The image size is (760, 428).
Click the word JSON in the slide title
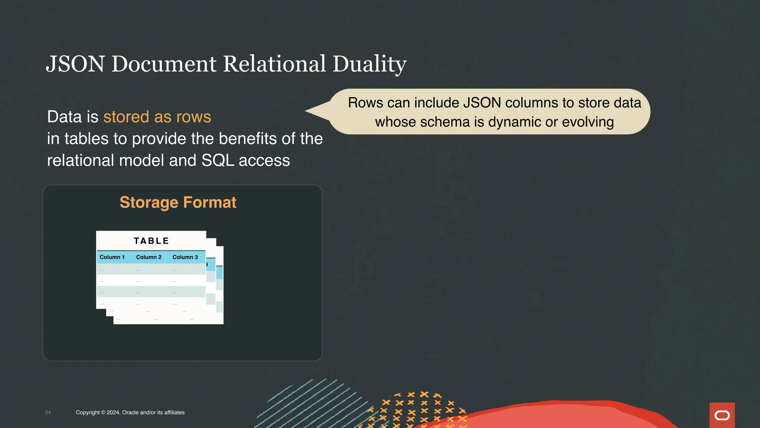coord(75,64)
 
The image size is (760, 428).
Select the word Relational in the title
coord(274,64)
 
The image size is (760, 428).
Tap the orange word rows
coord(193,117)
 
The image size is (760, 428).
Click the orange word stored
coord(126,117)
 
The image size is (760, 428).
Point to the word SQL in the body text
coord(217,160)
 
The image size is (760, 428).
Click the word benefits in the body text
coord(248,139)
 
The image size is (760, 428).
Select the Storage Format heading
coord(178,202)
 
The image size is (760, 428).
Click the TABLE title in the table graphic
coord(151,241)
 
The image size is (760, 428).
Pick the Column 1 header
coord(112,257)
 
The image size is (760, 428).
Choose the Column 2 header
coord(148,257)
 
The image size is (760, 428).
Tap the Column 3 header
coord(185,257)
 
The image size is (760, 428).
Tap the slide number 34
coord(48,412)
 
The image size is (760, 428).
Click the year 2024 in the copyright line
coord(113,412)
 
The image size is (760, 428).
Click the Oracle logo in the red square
coord(722,415)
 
